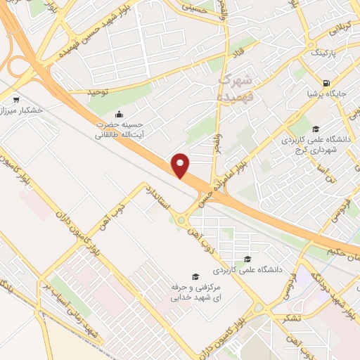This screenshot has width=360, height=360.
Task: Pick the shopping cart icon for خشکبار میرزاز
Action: (x=16, y=99)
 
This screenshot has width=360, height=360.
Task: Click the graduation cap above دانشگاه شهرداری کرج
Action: (x=316, y=129)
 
